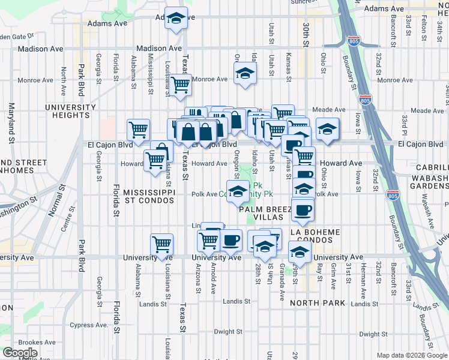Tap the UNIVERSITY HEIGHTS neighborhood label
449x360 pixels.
click(x=70, y=111)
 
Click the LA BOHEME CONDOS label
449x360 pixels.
click(x=315, y=236)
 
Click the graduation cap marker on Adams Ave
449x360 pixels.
click(x=176, y=19)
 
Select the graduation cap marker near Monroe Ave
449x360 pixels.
click(x=244, y=74)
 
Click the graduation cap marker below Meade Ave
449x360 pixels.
click(x=327, y=130)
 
